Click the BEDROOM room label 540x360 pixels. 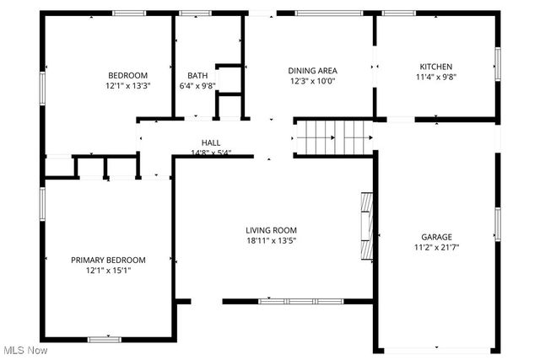click(x=127, y=74)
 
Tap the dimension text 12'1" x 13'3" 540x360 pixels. click(x=127, y=85)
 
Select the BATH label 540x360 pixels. click(x=197, y=74)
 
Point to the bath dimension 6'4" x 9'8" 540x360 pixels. click(x=197, y=85)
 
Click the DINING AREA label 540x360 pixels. click(x=313, y=71)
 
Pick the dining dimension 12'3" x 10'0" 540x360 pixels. click(x=313, y=82)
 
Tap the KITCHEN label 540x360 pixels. click(x=436, y=67)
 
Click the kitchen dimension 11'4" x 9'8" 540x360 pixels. click(x=436, y=77)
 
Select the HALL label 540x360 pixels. click(x=210, y=142)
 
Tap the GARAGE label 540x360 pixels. click(x=436, y=237)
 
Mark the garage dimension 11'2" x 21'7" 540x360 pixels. click(x=436, y=248)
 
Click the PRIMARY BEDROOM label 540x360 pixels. click(x=108, y=260)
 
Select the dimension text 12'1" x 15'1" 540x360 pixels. click(x=108, y=271)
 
